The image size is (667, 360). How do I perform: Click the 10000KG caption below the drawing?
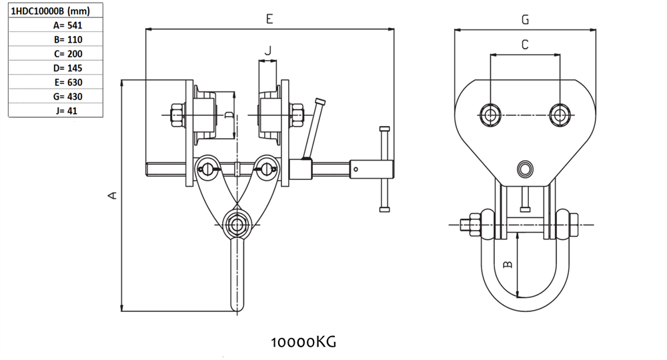tap(303, 342)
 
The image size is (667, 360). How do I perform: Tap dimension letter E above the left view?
tap(269, 19)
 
